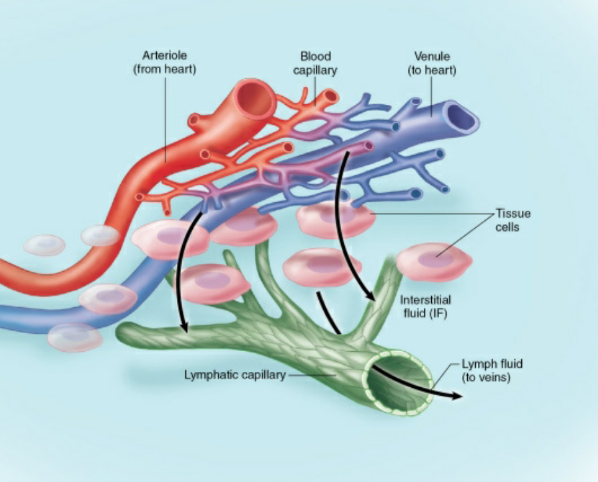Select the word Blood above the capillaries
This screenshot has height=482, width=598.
tap(315, 57)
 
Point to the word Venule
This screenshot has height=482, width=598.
tap(431, 57)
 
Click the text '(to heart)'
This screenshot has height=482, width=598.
tap(431, 70)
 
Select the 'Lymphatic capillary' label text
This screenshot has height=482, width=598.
tap(234, 375)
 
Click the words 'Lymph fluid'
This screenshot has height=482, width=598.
tap(492, 365)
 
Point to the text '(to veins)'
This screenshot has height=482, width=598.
tap(489, 378)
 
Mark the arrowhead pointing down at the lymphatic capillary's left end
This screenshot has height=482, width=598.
tap(183, 327)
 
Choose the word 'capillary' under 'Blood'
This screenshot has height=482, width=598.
tap(315, 70)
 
